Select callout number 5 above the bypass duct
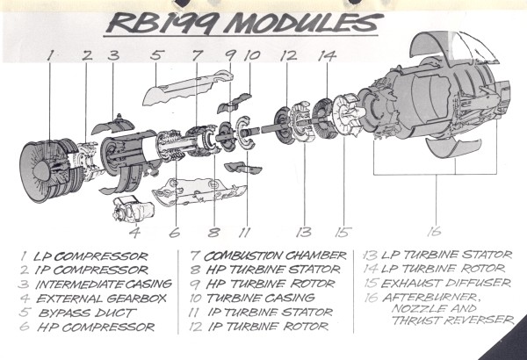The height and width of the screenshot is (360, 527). (157, 56)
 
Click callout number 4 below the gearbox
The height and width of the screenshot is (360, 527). (134, 233)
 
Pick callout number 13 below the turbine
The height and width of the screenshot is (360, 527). (305, 232)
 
